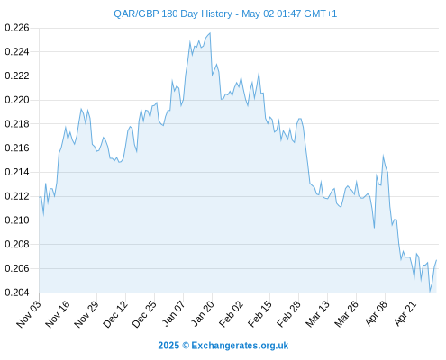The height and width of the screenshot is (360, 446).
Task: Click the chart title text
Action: [225, 13]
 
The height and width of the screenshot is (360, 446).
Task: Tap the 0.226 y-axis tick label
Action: [17, 28]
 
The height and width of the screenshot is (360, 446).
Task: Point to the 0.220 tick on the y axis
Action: [17, 100]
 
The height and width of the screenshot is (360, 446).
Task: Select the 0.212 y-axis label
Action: [17, 196]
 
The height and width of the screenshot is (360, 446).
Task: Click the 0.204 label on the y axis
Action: [17, 292]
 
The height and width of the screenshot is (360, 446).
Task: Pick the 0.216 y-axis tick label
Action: [17, 148]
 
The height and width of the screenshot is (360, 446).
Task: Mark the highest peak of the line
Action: [210, 33]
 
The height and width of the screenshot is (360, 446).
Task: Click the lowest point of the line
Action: [430, 292]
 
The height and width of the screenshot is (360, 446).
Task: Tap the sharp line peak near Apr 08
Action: [383, 156]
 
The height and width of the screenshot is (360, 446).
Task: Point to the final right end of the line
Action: [436, 260]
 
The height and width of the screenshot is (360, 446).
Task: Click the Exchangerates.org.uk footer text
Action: [240, 346]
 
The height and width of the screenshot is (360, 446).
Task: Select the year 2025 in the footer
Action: [168, 346]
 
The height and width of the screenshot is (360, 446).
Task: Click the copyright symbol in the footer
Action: [186, 346]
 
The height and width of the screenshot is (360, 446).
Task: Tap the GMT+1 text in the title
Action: [321, 13]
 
